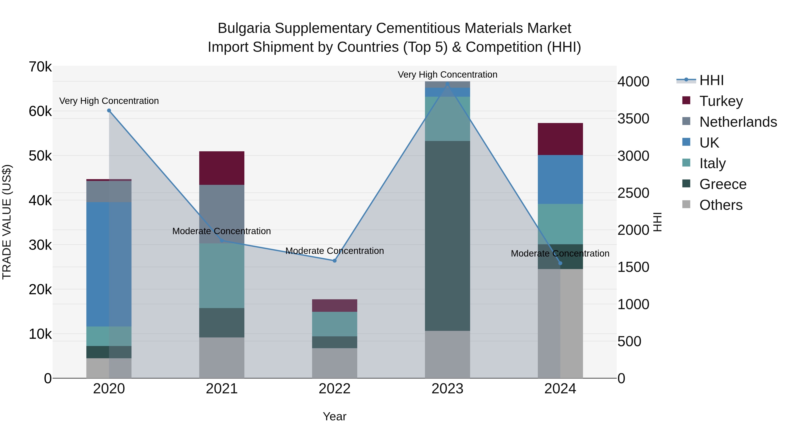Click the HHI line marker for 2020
pos(109,111)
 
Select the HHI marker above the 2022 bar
pos(334,261)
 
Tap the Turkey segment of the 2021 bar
pos(222,168)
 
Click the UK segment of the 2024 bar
pos(560,179)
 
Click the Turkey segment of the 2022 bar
pos(334,305)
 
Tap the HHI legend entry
pos(711,80)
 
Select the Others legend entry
pos(721,205)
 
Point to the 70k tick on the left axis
pos(40,67)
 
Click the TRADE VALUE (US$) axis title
pos(7,222)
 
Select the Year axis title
pos(334,416)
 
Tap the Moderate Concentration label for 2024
pos(560,253)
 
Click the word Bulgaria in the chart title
pos(244,28)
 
